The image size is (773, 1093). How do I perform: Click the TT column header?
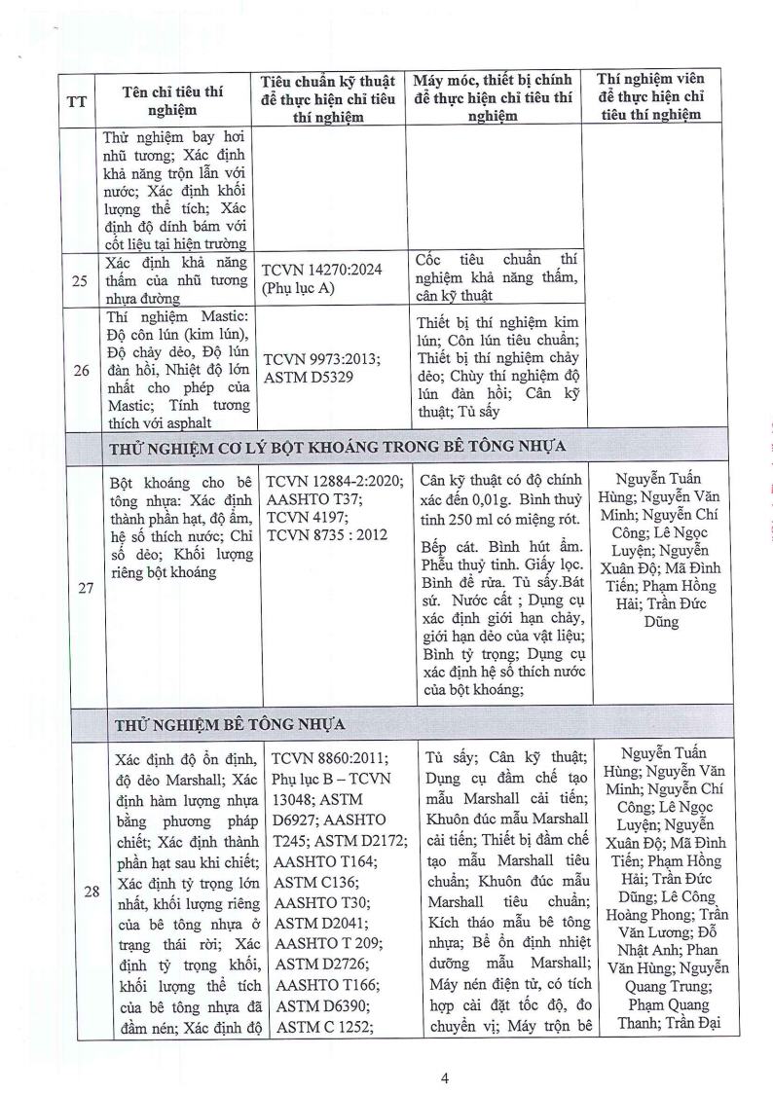point(76,101)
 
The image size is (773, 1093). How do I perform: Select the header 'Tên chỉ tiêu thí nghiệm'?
point(172,101)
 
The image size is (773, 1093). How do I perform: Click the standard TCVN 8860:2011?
point(323,758)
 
